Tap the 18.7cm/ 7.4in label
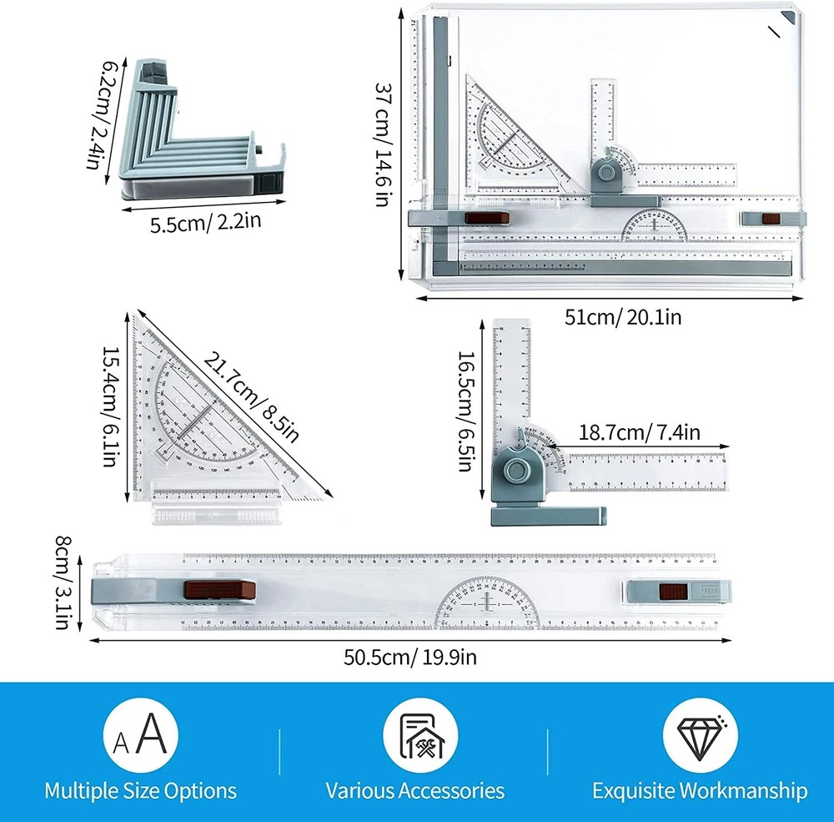640,432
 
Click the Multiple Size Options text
140,790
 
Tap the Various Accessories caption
414,790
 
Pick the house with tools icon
419,735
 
